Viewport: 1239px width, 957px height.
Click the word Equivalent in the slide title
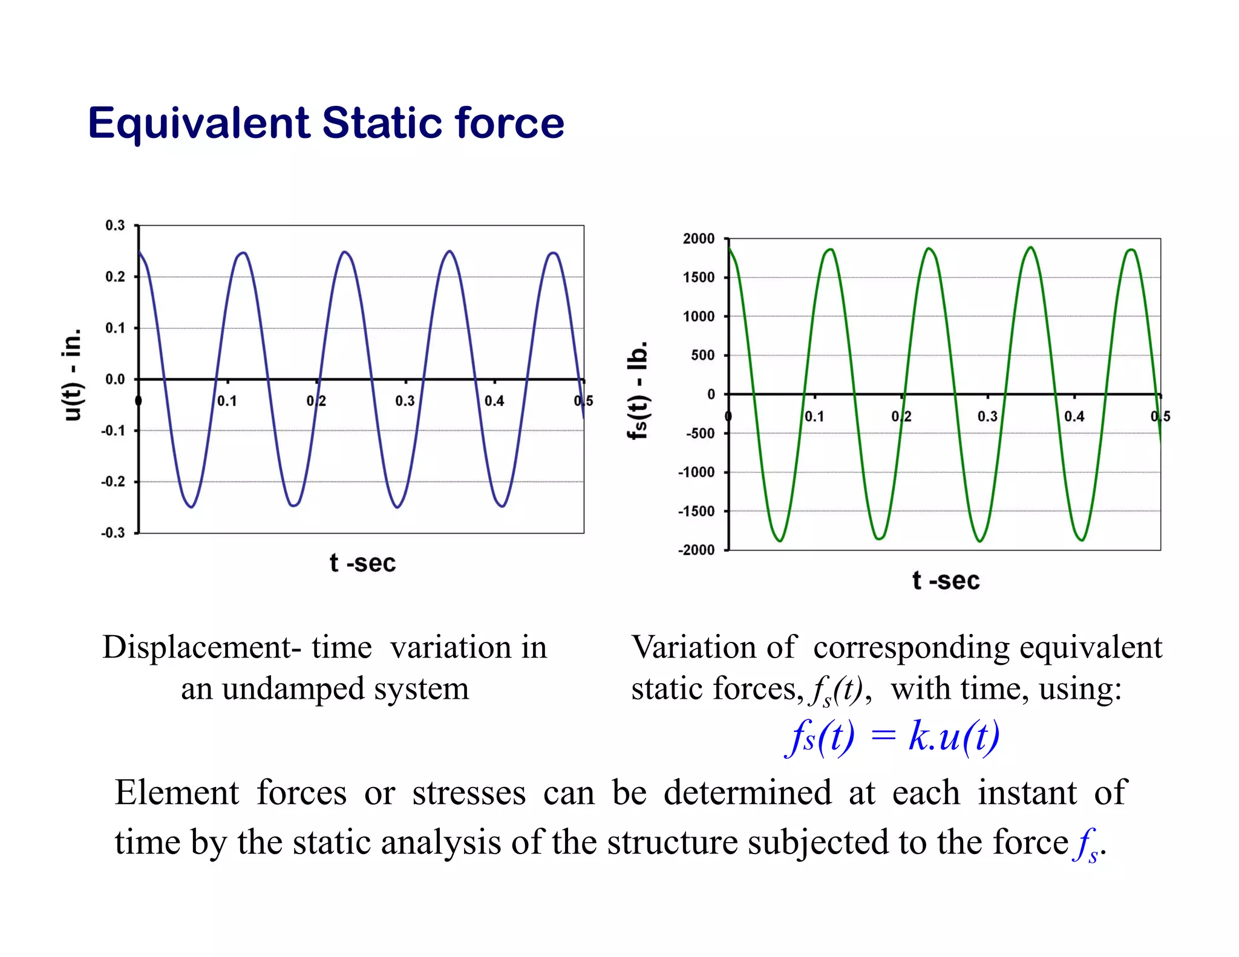click(199, 123)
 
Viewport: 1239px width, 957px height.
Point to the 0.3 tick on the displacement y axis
click(115, 226)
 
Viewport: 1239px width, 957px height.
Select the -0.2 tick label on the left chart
click(113, 482)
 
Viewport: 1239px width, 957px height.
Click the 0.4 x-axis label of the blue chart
click(494, 401)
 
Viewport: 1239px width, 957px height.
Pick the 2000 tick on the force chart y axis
click(699, 239)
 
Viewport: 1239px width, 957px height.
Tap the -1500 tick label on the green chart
click(696, 512)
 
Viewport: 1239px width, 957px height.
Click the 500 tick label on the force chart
click(703, 356)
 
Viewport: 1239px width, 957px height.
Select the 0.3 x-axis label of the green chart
click(987, 417)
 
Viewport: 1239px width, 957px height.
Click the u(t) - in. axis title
click(73, 375)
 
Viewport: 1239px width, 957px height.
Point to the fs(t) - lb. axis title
click(638, 390)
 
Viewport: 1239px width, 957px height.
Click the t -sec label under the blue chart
click(362, 564)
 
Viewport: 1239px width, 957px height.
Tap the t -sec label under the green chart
click(946, 581)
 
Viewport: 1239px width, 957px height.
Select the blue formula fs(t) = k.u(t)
click(892, 737)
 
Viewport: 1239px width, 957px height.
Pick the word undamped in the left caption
click(293, 689)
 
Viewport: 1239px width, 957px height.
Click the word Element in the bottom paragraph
click(177, 793)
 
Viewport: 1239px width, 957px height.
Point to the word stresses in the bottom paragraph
click(469, 793)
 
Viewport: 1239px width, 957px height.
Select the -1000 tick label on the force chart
click(696, 472)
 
